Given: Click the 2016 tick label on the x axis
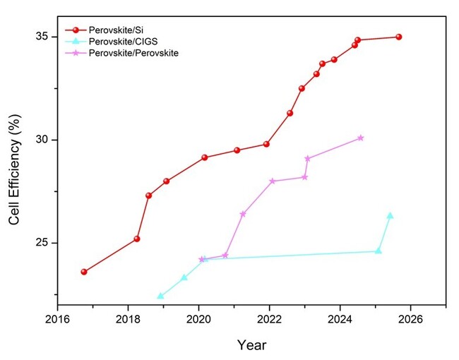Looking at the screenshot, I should click(57, 318).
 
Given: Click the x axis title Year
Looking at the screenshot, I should click(251, 346).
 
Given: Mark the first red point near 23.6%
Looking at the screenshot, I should click(84, 272).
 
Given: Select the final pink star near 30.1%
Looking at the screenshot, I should click(360, 138).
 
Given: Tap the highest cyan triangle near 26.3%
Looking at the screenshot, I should click(390, 215).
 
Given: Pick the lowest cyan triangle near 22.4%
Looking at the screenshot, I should click(160, 296).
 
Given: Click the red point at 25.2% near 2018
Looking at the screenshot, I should click(137, 239).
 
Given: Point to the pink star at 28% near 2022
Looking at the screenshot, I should click(273, 181).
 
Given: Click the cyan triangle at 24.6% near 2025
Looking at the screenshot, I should click(378, 251).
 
